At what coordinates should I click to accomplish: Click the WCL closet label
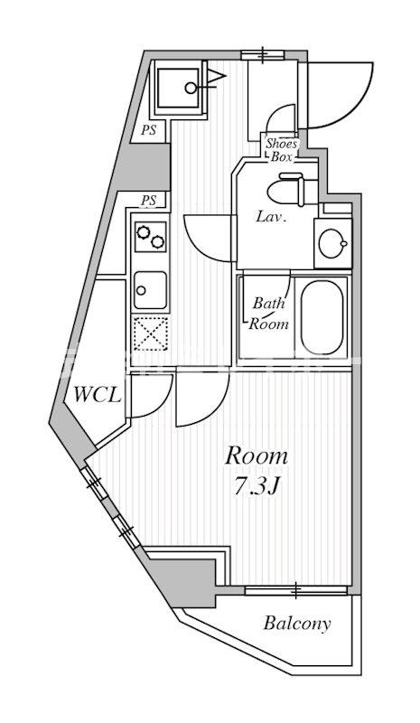pyautogui.click(x=92, y=395)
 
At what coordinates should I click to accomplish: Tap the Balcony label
pyautogui.click(x=297, y=623)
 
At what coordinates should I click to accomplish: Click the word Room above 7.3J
pyautogui.click(x=257, y=455)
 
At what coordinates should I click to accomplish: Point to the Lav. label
pyautogui.click(x=271, y=217)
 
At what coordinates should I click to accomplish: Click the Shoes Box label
pyautogui.click(x=280, y=146)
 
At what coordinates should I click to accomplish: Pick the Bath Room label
pyautogui.click(x=269, y=313)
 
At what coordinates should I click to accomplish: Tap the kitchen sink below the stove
pyautogui.click(x=149, y=290)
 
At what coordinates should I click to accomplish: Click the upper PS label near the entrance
pyautogui.click(x=148, y=130)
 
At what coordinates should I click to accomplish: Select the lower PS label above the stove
pyautogui.click(x=149, y=200)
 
